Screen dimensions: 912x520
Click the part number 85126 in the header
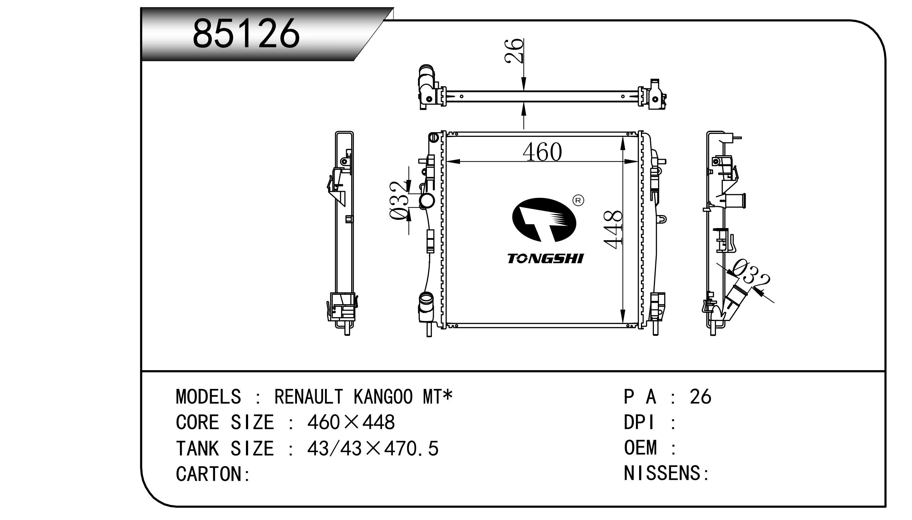coord(246,33)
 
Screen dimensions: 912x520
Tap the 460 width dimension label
coord(542,152)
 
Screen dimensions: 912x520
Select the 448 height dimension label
coord(613,230)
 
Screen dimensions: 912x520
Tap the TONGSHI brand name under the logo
coord(545,259)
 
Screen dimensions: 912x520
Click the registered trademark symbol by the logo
coord(578,200)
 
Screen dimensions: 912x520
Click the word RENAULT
coord(309,397)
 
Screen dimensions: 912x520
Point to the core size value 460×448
coord(351,422)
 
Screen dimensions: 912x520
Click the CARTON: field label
coord(213,474)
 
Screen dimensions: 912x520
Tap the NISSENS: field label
coord(666,473)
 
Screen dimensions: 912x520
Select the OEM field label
coord(641,448)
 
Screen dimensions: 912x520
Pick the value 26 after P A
coord(700,397)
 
